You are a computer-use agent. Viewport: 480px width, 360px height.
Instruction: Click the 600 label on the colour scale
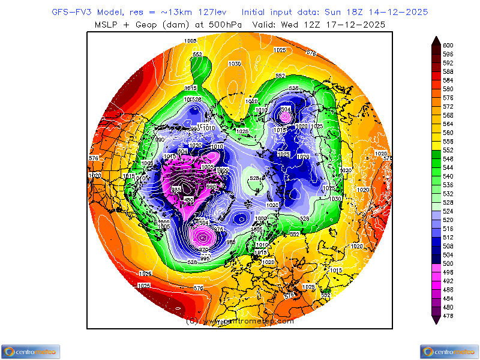(448, 45)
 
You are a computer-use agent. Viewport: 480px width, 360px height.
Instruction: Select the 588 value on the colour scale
(448, 71)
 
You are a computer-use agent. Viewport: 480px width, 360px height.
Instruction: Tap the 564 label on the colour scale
(448, 124)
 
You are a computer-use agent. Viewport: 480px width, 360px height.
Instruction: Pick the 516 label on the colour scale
(448, 229)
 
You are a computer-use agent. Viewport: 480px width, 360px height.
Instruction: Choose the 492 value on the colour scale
(448, 281)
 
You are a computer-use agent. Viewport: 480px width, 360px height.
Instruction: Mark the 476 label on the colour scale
(448, 316)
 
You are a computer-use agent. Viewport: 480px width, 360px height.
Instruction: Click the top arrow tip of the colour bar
(436, 38)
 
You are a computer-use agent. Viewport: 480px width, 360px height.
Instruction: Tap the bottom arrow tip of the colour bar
(436, 323)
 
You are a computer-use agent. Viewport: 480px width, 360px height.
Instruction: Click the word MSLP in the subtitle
(109, 24)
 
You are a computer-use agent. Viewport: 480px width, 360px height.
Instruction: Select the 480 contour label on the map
(188, 199)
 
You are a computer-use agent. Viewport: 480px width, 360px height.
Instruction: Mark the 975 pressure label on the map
(218, 229)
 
